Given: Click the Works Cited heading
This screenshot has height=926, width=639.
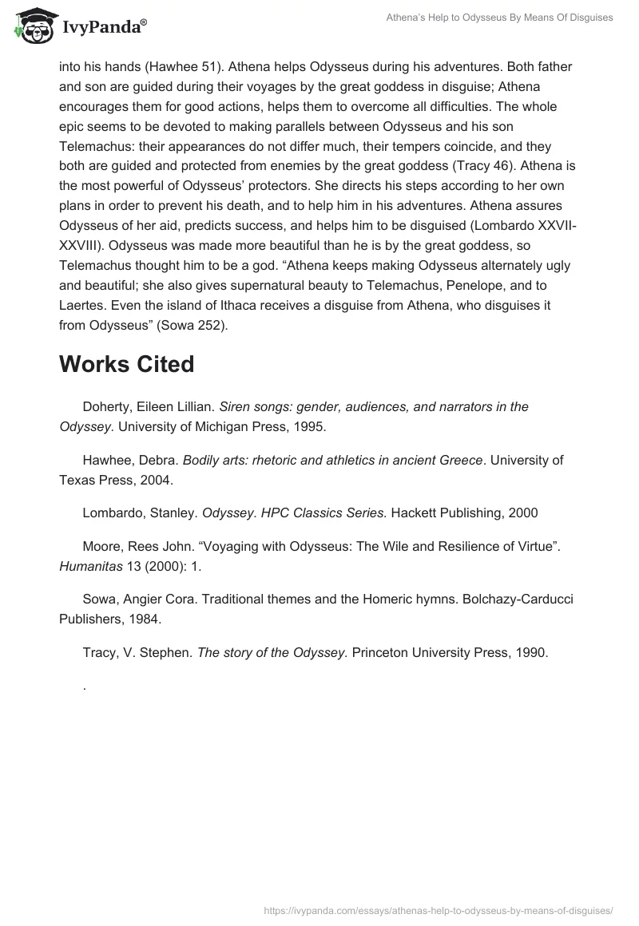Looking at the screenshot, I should coord(126,364).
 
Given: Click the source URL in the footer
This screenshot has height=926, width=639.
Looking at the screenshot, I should coord(438,909).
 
